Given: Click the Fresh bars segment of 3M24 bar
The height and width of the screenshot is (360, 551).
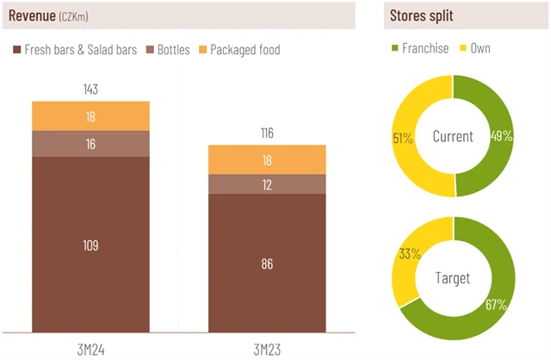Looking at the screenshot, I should coord(91,245).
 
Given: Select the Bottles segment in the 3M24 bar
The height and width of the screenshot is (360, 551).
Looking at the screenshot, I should coord(91,144).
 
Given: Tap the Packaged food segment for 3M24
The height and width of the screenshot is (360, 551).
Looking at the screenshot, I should coord(91,116).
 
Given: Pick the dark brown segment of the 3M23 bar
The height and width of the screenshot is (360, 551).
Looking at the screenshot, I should coord(267,264).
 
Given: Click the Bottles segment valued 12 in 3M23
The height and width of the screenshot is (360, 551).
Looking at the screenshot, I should coord(267,184).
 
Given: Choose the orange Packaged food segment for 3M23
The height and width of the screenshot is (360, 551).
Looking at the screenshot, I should coord(267,159).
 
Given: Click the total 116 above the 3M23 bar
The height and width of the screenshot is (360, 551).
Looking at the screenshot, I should coord(267,133).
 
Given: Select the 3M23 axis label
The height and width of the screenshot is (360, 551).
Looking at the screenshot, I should coord(267,346).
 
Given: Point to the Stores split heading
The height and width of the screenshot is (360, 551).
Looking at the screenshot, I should coord(423,15).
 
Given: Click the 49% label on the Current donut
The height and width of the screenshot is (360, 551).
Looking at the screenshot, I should coord(502,135).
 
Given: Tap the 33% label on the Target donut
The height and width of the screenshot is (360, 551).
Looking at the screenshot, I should coord(409,254).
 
